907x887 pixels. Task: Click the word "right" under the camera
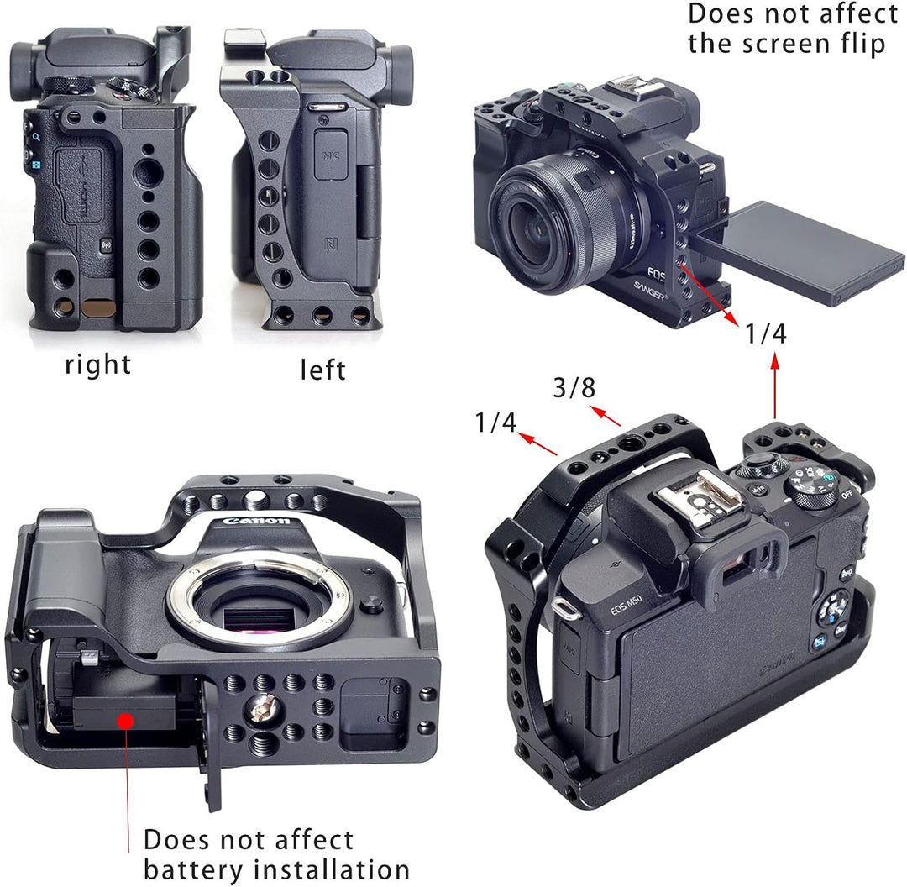(98, 365)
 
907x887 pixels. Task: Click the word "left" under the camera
(322, 369)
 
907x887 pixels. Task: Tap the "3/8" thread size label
(574, 388)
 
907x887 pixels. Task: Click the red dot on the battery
(127, 721)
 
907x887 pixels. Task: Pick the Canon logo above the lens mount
(256, 522)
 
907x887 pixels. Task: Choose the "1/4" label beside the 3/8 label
(495, 422)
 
